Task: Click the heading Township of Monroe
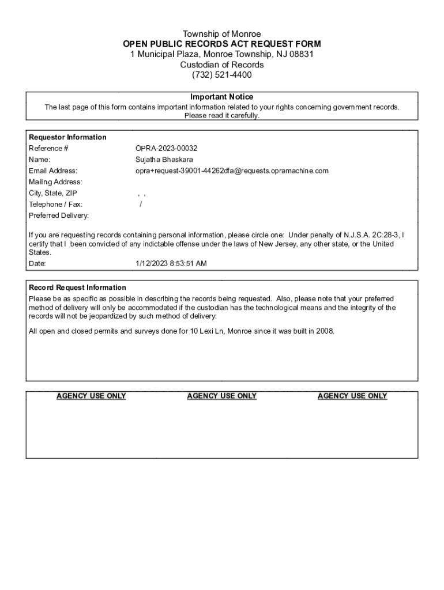221,34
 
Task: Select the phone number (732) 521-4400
221,75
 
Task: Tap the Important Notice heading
221,97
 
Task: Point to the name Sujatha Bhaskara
164,159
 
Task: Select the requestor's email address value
232,171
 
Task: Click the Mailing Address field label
55,182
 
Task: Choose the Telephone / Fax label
55,204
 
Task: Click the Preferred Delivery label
59,215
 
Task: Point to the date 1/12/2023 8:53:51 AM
171,263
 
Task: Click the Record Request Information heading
77,288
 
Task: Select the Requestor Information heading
67,137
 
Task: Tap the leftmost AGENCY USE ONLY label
91,396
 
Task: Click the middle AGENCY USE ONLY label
221,396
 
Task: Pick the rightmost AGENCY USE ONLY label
352,396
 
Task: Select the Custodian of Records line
221,65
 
